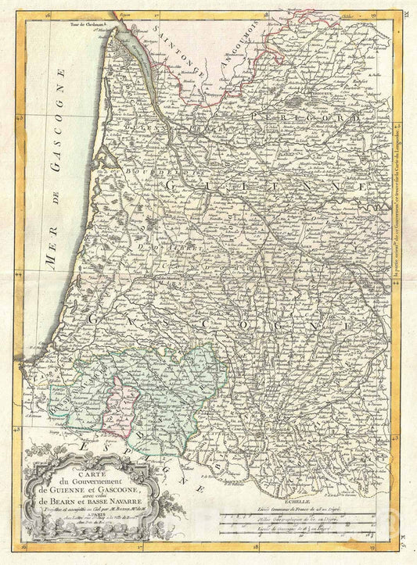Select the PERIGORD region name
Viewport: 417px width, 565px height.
pyautogui.click(x=313, y=118)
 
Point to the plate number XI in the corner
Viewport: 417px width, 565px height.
pyautogui.click(x=404, y=5)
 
